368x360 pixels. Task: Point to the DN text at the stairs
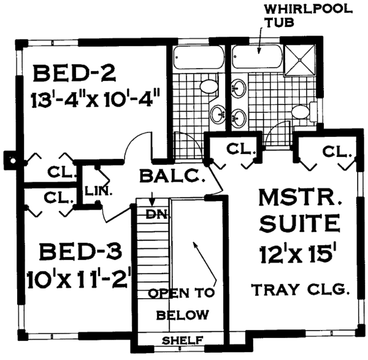point(154,215)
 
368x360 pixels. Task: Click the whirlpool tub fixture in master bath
point(258,59)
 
